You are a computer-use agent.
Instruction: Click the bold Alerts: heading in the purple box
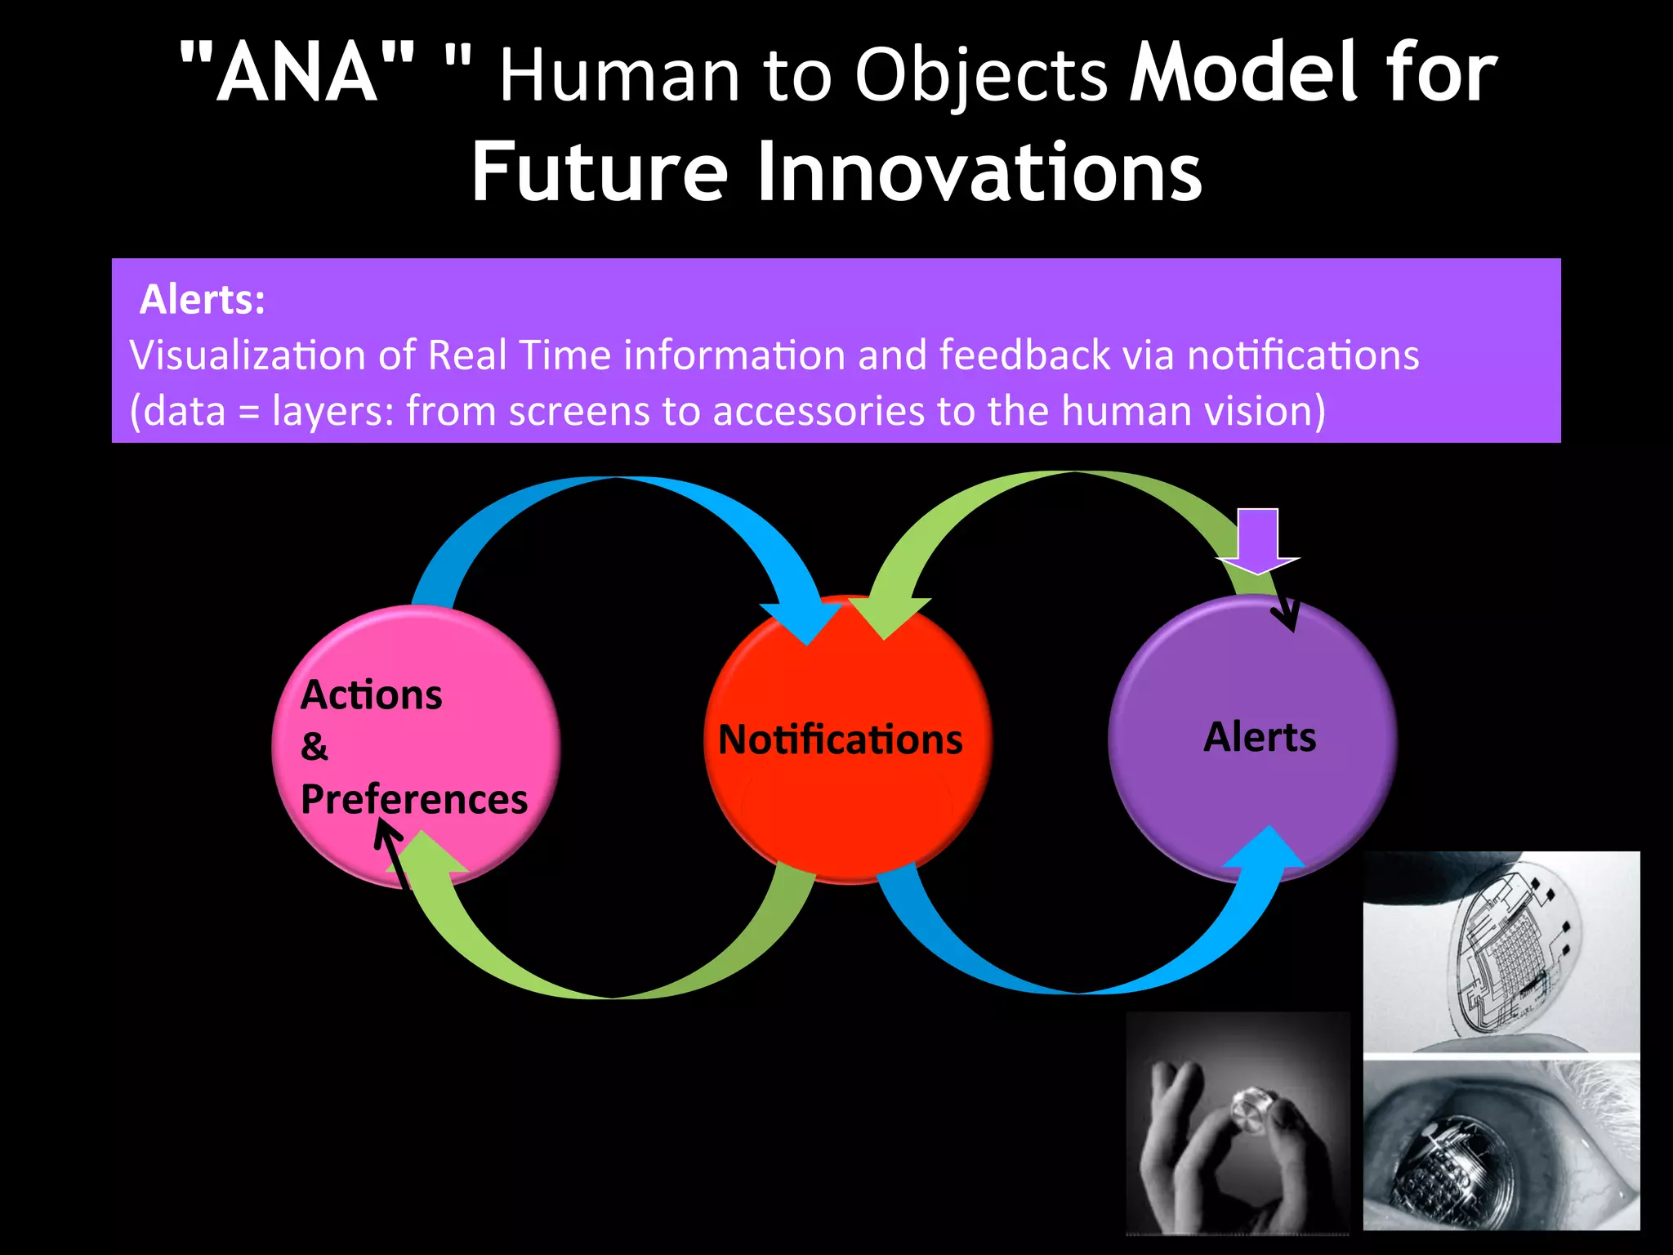click(x=202, y=300)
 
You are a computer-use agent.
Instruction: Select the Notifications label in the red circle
click(x=840, y=739)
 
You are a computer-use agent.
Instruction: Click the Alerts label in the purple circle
click(x=1259, y=737)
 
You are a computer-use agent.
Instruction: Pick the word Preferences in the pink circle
click(x=413, y=799)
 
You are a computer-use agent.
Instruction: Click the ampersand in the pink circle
click(x=315, y=747)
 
